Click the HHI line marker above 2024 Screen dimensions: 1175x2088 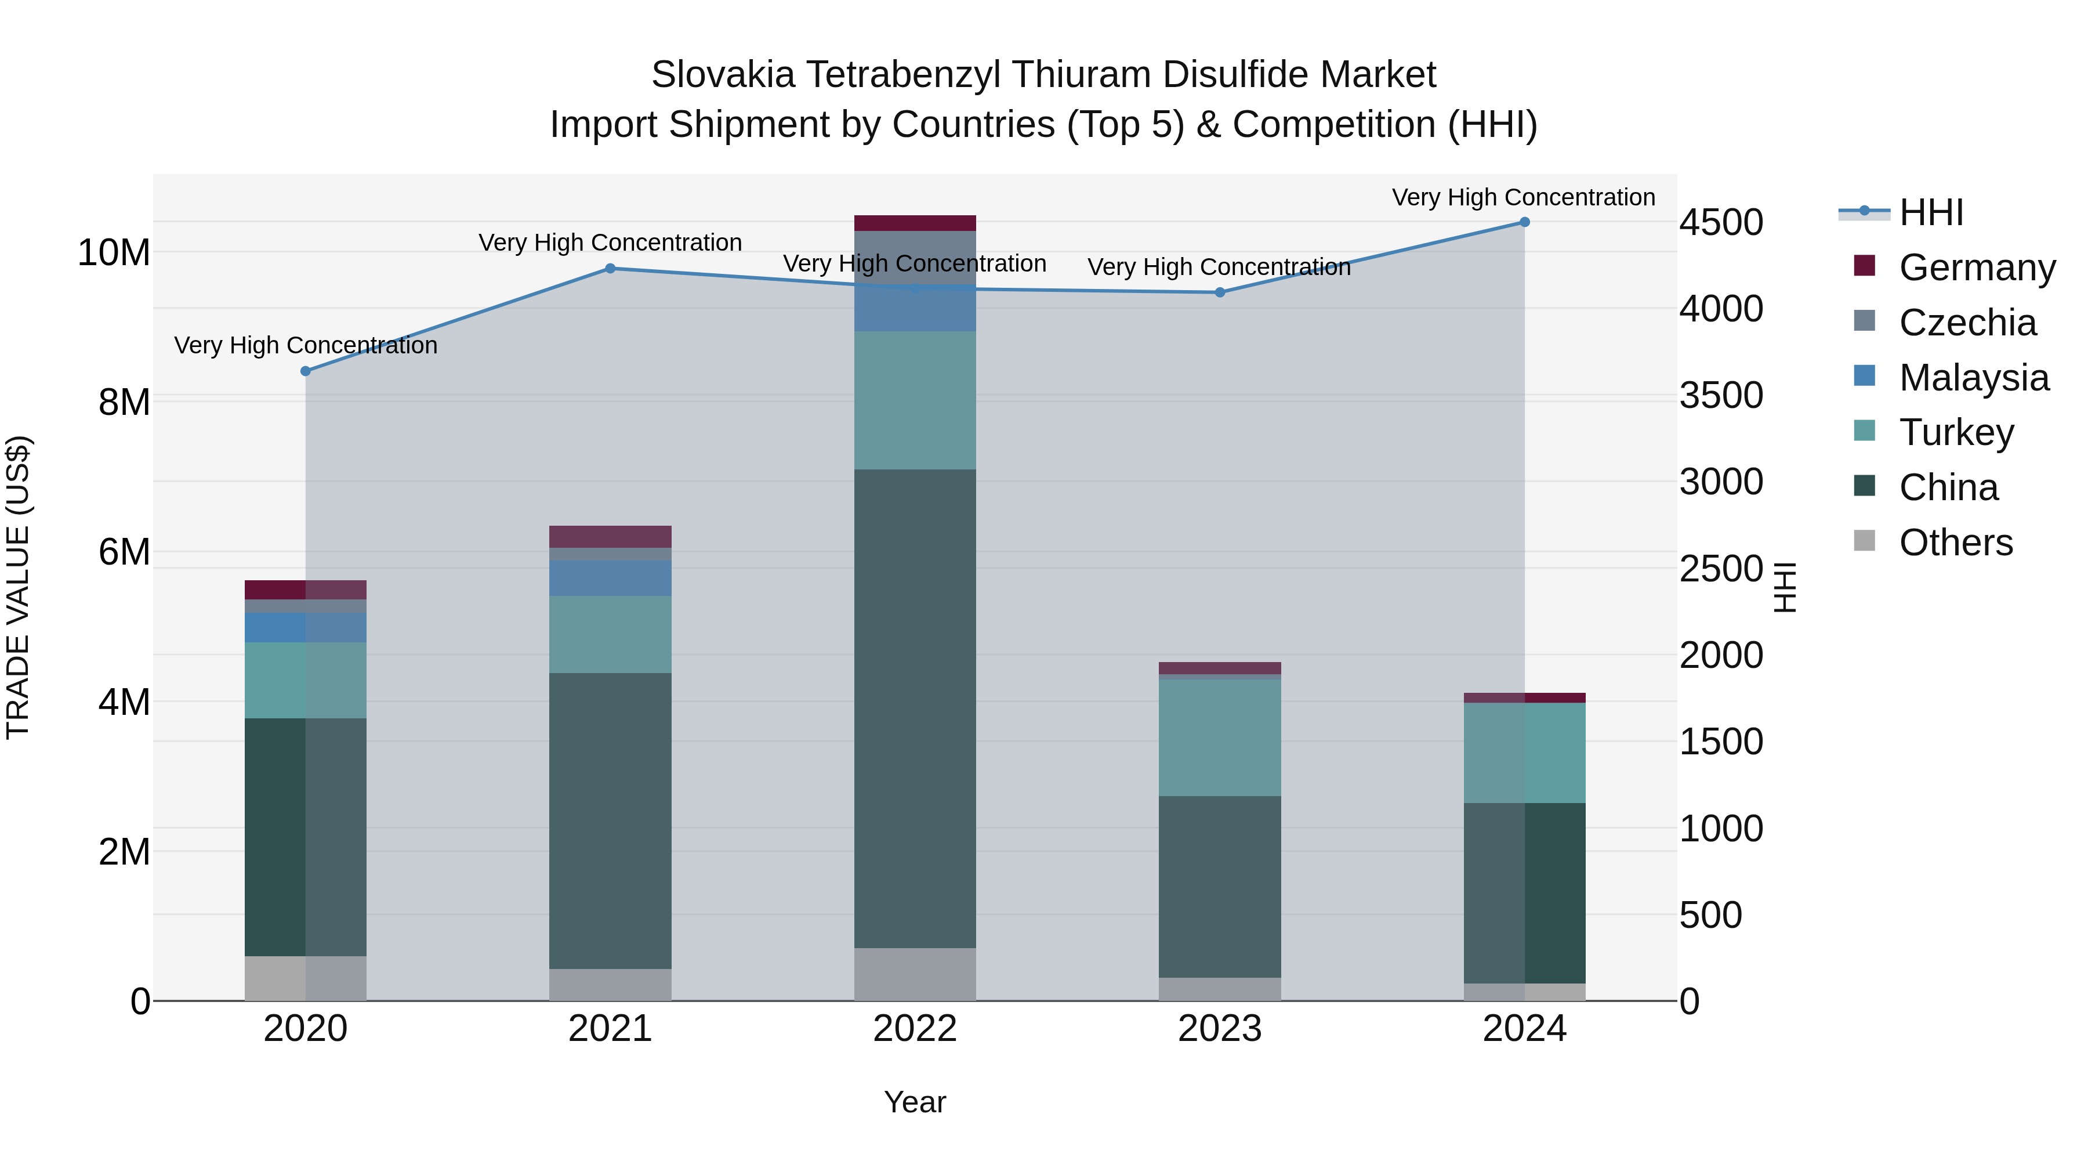tap(1524, 222)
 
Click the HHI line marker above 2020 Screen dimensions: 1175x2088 tap(306, 371)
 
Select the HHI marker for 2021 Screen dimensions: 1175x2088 tap(610, 269)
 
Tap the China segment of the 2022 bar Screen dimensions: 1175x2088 tap(915, 708)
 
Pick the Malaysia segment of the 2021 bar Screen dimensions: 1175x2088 tap(610, 578)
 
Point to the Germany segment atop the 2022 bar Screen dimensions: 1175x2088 tap(915, 223)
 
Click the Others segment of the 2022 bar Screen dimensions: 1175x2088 tap(915, 974)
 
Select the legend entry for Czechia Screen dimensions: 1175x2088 tap(1967, 323)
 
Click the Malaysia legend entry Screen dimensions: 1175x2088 tap(1974, 378)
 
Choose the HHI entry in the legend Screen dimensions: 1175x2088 tap(1931, 212)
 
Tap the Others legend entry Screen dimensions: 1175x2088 tap(1955, 543)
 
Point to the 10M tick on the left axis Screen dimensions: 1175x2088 tap(114, 253)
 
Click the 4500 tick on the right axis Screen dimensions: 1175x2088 tap(1720, 223)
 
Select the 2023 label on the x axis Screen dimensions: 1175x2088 tap(1219, 1029)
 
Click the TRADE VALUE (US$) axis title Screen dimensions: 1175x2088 tap(18, 587)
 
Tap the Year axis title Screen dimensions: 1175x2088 tap(915, 1102)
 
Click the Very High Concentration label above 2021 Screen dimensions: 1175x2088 tap(610, 243)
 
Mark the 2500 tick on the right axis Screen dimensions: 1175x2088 tap(1720, 569)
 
